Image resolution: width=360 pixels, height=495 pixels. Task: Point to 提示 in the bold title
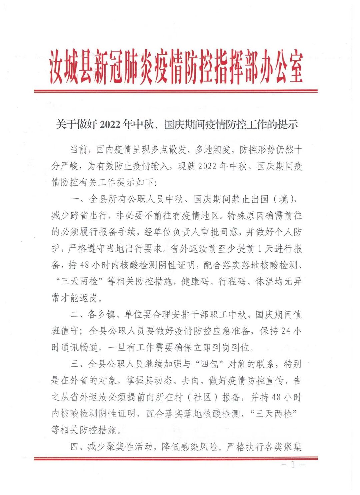coord(287,125)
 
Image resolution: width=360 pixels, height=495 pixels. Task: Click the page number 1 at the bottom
coord(293,465)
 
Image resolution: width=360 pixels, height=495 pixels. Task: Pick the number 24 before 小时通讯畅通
coord(286,331)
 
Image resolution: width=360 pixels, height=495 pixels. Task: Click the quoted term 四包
coord(209,364)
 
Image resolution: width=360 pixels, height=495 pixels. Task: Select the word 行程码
coord(232,281)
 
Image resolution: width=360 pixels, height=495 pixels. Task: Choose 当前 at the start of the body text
coord(79,149)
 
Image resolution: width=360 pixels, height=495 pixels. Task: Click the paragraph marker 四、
coord(78,446)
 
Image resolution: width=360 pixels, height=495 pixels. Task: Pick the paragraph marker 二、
coord(78,314)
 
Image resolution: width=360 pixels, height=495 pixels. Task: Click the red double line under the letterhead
coord(176,91)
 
